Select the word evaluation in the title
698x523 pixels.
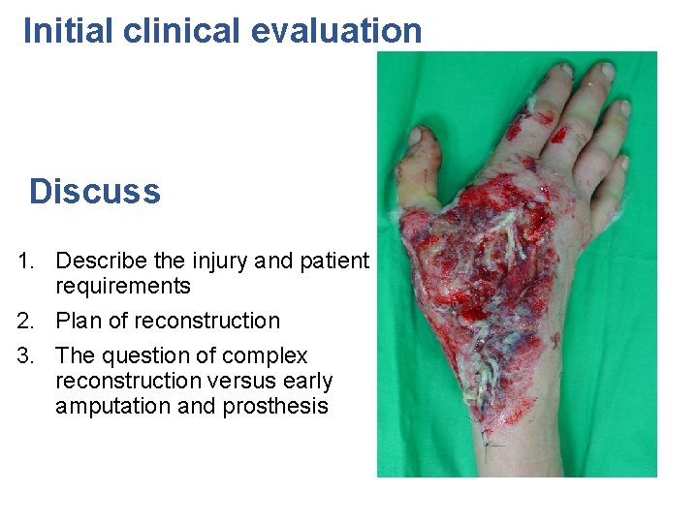(x=336, y=31)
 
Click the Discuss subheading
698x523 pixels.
(x=94, y=191)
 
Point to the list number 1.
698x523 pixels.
(x=26, y=261)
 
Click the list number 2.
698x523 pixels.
(x=26, y=321)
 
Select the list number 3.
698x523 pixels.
(x=26, y=355)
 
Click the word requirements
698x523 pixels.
(x=123, y=286)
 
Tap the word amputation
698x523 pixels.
(x=114, y=406)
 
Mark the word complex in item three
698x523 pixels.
(x=268, y=355)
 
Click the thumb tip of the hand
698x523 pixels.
(x=423, y=140)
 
